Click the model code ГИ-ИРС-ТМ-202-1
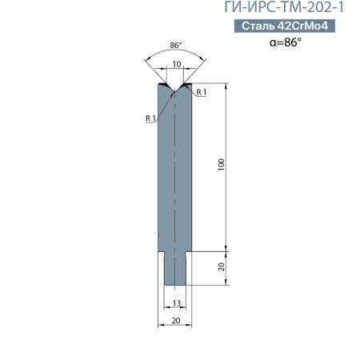pyautogui.click(x=284, y=7)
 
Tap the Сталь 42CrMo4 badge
pyautogui.click(x=285, y=26)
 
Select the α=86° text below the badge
pyautogui.click(x=286, y=42)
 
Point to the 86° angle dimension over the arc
pyautogui.click(x=176, y=46)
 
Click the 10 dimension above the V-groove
pyautogui.click(x=177, y=64)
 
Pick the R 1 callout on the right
pyautogui.click(x=202, y=92)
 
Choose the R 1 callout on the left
pyautogui.click(x=150, y=118)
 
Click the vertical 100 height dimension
pyautogui.click(x=221, y=165)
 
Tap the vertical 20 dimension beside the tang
pyautogui.click(x=222, y=266)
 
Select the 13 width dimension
pyautogui.click(x=177, y=303)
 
